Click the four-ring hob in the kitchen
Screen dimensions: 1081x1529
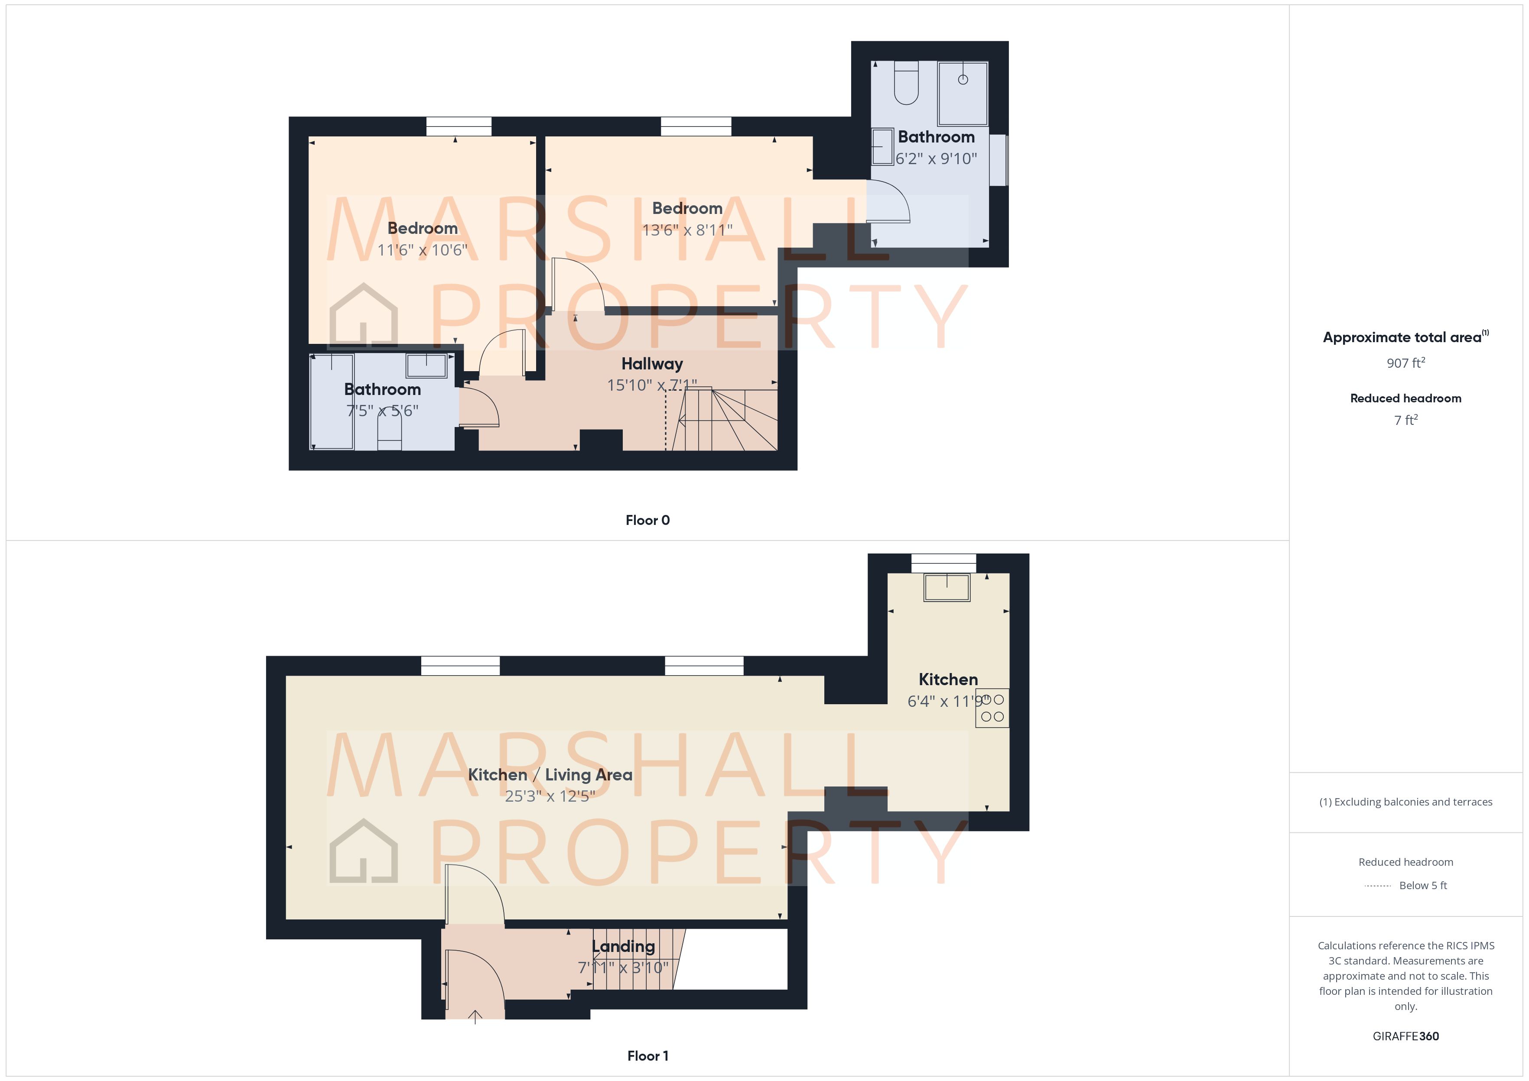tap(992, 708)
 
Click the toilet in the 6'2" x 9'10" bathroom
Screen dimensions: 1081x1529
tap(906, 83)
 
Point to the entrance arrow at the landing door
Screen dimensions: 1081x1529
tap(475, 1017)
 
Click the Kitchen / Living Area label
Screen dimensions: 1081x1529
tap(550, 775)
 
